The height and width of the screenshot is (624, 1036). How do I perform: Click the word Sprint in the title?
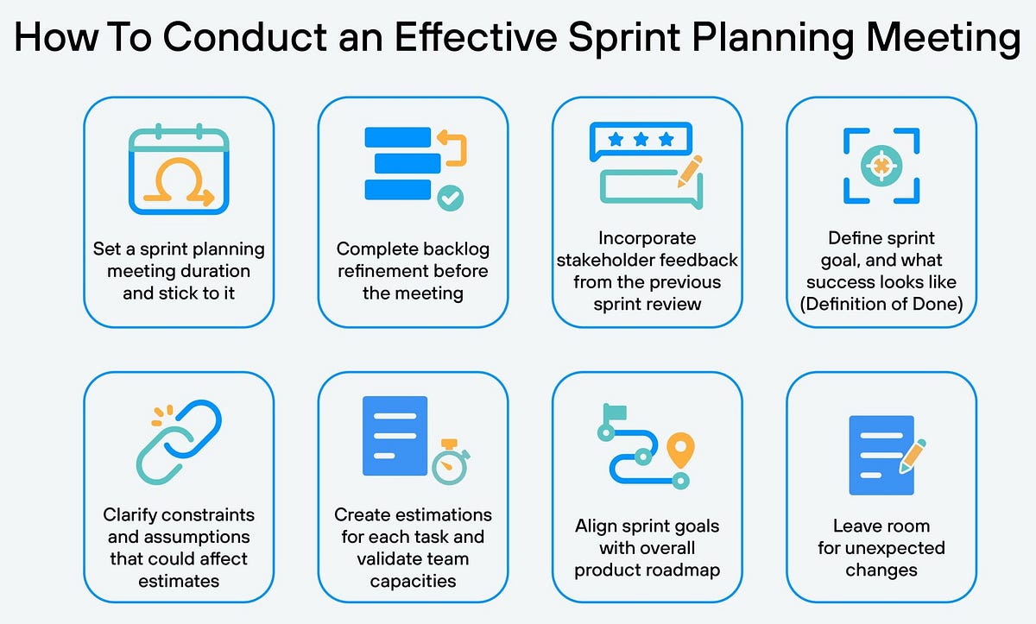tap(624, 38)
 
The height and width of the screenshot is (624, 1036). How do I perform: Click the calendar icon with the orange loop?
tap(179, 169)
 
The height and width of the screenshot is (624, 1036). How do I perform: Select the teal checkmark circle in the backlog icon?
tap(451, 198)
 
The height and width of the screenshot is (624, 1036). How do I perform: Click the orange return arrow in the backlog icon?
tap(452, 148)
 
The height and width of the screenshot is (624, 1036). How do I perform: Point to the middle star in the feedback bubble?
tap(641, 139)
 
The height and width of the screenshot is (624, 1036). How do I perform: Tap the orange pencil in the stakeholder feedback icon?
tap(690, 172)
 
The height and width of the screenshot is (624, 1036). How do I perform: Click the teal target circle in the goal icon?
tap(881, 166)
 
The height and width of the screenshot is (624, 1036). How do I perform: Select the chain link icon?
tap(179, 442)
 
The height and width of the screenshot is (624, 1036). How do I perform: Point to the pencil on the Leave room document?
tap(912, 457)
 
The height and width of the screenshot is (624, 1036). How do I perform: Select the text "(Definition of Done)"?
tap(881, 304)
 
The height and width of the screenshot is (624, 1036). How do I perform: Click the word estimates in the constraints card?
tap(179, 581)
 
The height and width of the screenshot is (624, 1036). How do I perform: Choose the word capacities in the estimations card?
tap(413, 582)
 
